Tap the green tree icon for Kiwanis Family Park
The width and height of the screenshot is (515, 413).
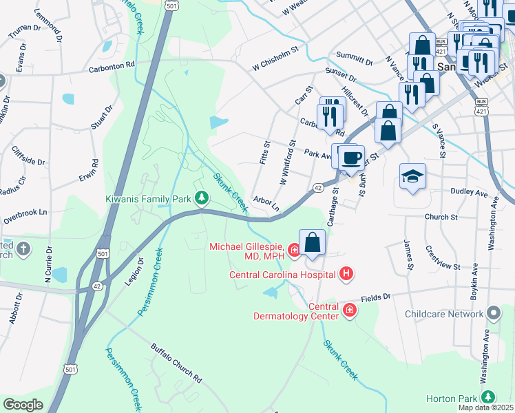[201, 199]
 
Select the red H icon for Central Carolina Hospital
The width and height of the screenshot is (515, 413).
[346, 275]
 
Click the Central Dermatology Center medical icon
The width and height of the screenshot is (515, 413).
[350, 310]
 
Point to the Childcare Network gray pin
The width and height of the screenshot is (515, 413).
[493, 314]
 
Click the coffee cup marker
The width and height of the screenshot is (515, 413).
[353, 158]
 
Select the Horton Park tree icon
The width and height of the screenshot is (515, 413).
[488, 397]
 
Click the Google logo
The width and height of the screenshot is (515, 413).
[23, 405]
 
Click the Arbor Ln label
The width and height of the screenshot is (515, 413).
[266, 204]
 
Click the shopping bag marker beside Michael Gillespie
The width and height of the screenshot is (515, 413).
[313, 243]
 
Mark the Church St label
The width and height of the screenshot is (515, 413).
[441, 217]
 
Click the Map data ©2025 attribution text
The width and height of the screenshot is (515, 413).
[485, 407]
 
